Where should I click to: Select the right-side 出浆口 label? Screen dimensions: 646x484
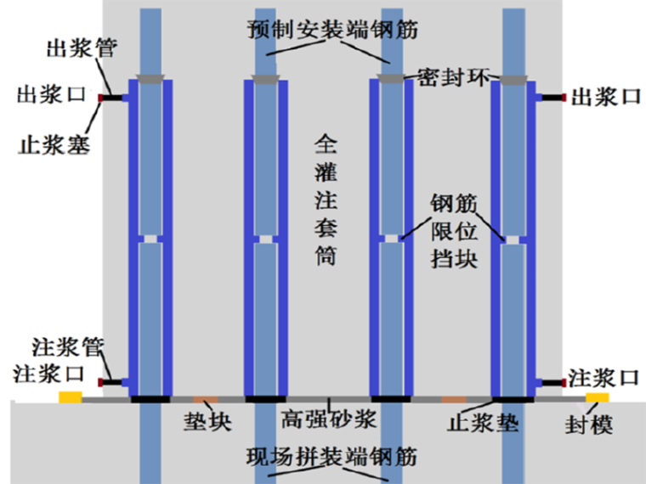point(604,97)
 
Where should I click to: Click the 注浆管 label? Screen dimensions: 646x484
point(67,346)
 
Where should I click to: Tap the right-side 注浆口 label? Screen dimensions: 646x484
point(603,376)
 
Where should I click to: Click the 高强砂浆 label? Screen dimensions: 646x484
point(325,421)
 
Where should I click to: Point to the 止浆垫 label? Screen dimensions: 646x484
point(484,422)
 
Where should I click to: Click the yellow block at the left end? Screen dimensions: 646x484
point(70,397)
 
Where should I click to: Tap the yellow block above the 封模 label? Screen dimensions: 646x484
point(597,397)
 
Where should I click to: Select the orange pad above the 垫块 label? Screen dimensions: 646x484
point(205,398)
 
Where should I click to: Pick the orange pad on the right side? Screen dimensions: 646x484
point(453,398)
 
